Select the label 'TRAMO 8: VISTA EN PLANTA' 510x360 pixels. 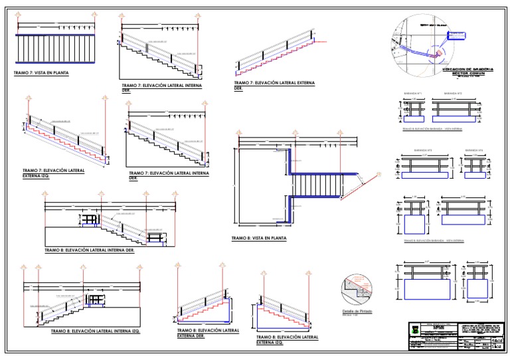pyautogui.click(x=259, y=238)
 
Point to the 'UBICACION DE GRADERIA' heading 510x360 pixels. pyautogui.click(x=468, y=69)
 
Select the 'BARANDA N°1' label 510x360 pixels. pyautogui.click(x=413, y=95)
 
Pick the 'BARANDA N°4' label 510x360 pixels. pyautogui.click(x=473, y=150)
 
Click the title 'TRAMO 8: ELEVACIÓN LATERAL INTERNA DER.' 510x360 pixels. pyautogui.click(x=89, y=250)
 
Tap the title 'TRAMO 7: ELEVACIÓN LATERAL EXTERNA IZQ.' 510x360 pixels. pyautogui.click(x=53, y=173)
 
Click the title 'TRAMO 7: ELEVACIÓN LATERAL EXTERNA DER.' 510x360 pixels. pyautogui.click(x=274, y=86)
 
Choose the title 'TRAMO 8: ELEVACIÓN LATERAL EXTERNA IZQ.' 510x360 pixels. pyautogui.click(x=287, y=340)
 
